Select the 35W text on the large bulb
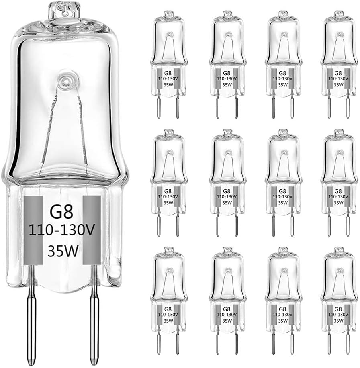click(62, 252)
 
